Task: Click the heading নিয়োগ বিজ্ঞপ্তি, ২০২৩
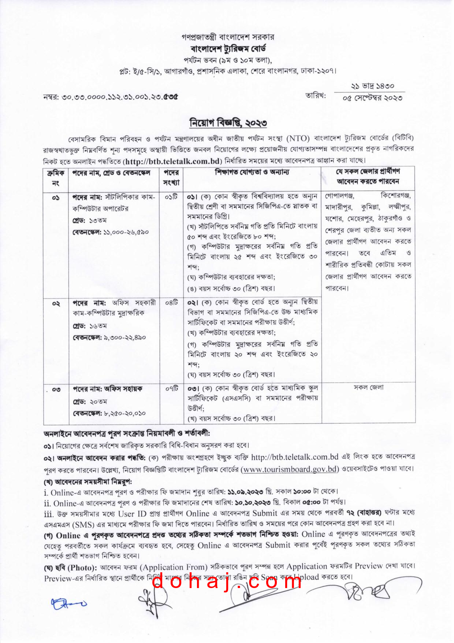(x=228, y=123)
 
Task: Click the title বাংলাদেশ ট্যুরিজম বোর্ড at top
(x=228, y=48)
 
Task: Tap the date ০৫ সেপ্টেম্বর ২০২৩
(x=372, y=98)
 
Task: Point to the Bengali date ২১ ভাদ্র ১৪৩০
(x=372, y=86)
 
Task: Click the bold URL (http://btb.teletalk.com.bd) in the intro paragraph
(x=173, y=161)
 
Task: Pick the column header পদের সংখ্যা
(x=171, y=177)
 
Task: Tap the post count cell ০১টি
(x=171, y=197)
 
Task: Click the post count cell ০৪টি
(x=171, y=303)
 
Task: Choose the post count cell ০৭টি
(x=171, y=388)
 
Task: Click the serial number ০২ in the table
(x=56, y=304)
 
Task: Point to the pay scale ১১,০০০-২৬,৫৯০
(x=126, y=232)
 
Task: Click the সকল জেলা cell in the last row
(x=368, y=388)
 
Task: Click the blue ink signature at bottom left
(x=68, y=603)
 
